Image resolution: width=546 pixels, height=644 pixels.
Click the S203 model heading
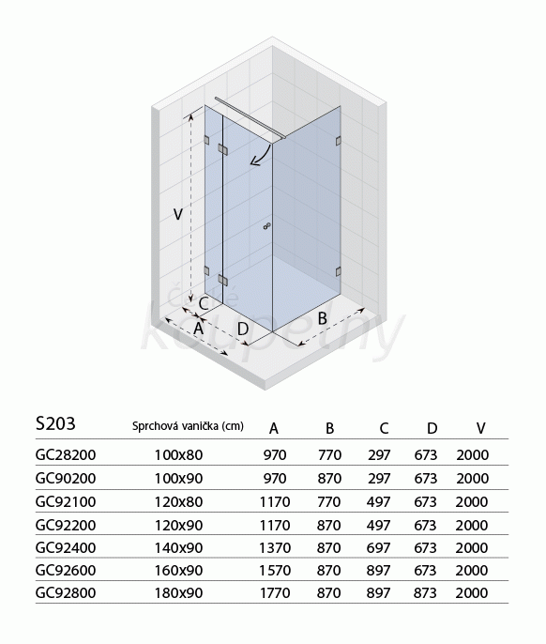click(x=55, y=423)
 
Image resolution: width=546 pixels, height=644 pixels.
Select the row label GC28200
click(x=66, y=454)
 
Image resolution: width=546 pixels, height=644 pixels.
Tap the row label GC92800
click(x=66, y=592)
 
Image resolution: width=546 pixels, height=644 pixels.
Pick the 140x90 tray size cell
click(x=178, y=547)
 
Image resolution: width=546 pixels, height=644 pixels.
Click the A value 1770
click(x=275, y=592)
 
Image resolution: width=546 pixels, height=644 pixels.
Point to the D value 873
click(x=425, y=592)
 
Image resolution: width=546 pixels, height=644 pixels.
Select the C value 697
click(x=379, y=547)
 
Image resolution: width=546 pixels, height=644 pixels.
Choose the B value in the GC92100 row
click(x=329, y=501)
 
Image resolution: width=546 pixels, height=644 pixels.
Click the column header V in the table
click(x=480, y=428)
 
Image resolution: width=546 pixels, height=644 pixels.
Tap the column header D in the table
click(x=432, y=428)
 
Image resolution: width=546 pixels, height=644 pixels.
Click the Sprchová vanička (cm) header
click(x=188, y=426)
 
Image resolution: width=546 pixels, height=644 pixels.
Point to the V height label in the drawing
click(x=177, y=214)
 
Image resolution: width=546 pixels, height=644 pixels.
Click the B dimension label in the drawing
click(x=323, y=318)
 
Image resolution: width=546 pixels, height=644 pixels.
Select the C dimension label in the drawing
click(x=204, y=304)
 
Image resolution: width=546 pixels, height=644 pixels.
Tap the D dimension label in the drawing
click(x=243, y=329)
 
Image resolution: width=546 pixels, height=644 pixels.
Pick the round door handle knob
click(x=266, y=226)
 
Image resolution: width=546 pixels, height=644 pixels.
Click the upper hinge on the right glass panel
click(x=339, y=141)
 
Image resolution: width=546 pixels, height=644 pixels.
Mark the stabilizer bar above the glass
click(x=250, y=118)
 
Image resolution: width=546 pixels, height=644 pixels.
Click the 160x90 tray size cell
click(x=178, y=570)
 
